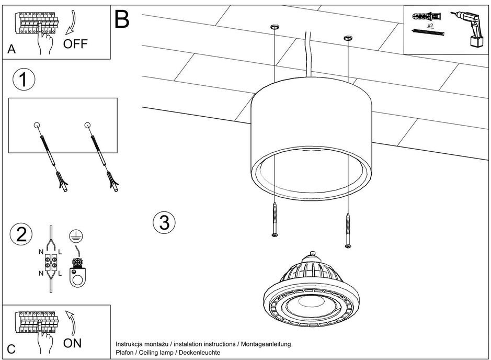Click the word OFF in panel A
point(75,43)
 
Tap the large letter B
point(121,19)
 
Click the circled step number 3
point(164,223)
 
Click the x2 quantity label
point(430,25)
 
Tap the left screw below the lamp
point(274,220)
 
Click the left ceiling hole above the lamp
point(274,27)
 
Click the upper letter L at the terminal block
point(60,252)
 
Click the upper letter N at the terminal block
point(41,252)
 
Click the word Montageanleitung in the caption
point(266,344)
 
